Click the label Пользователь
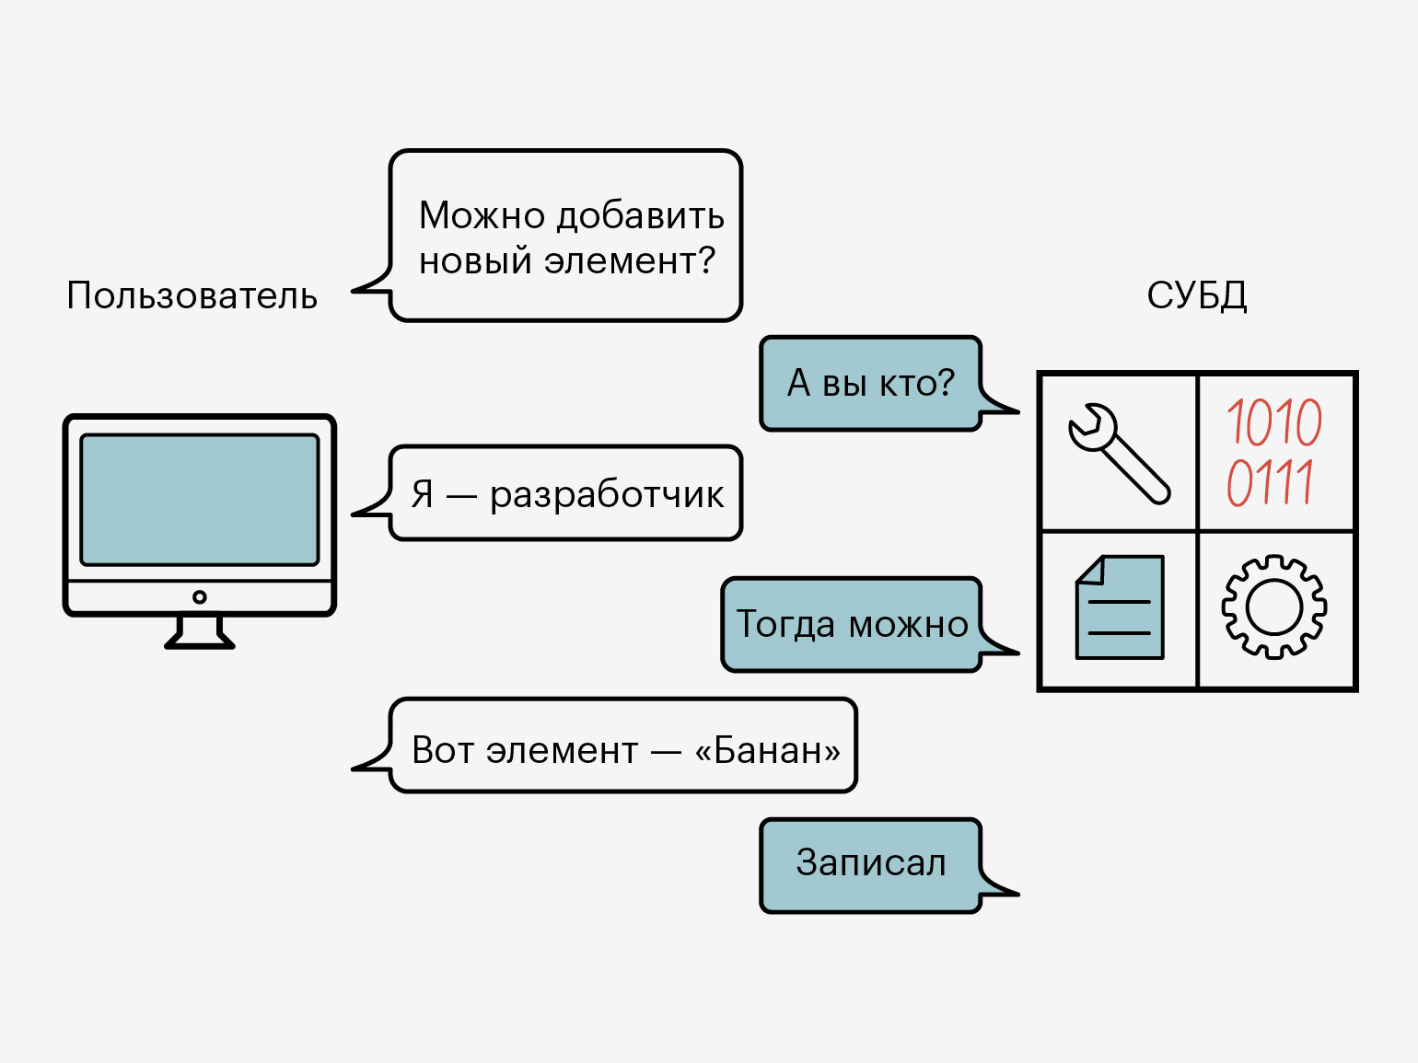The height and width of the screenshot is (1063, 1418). coord(192,295)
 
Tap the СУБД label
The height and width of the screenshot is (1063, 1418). coord(1196,295)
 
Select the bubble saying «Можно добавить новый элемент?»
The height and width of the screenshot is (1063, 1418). coord(566,236)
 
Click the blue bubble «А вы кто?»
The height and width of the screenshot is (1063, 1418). coord(870,383)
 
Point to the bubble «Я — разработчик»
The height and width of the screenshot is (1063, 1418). coord(566,493)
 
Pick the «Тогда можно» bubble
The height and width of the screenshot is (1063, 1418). coord(852,624)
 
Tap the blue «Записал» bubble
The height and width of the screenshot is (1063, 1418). coord(870,864)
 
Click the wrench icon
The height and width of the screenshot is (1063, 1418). coord(1118,452)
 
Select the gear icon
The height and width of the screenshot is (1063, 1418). coord(1274,607)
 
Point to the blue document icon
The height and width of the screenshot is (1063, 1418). coord(1120,607)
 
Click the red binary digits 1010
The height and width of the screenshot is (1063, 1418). coord(1274,422)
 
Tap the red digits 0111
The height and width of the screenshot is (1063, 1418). coord(1270,482)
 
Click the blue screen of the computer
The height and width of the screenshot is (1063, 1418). coord(200,500)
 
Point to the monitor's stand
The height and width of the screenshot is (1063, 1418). coord(200,632)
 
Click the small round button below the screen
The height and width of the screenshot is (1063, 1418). coord(200,597)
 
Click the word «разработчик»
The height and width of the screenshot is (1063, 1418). coord(607,495)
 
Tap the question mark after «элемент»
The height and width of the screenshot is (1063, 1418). coord(706,260)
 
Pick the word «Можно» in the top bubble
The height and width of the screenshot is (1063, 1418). coord(482,215)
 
